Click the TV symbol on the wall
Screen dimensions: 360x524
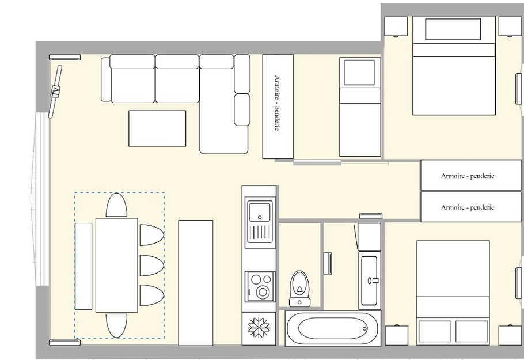coord(56,90)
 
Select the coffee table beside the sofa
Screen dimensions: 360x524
coord(157,128)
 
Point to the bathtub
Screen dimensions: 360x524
coord(332,329)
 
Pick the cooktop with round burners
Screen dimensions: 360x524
coord(259,286)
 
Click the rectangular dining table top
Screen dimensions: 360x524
coord(116,265)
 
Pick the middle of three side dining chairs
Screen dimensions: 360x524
coord(151,265)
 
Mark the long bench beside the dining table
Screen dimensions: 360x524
coord(83,266)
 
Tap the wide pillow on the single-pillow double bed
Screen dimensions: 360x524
coord(453,29)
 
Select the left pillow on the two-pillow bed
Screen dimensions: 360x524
coord(435,331)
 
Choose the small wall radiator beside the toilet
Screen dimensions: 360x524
coord(328,263)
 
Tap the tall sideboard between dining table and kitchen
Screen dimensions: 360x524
coord(195,282)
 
